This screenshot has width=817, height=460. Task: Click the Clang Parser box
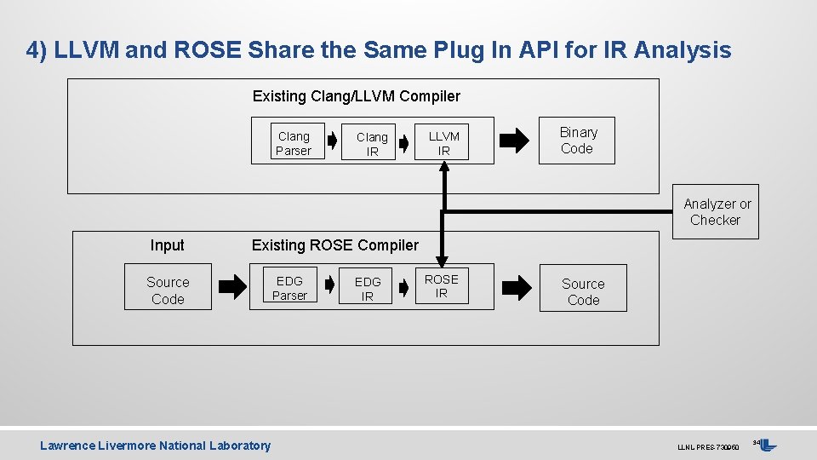(294, 143)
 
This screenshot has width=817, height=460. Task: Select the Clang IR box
(372, 144)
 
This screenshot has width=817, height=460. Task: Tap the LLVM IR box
(443, 143)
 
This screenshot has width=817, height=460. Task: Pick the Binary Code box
(577, 141)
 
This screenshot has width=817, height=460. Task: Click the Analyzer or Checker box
(717, 212)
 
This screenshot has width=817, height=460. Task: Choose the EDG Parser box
(289, 288)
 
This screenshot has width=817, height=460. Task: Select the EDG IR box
(368, 289)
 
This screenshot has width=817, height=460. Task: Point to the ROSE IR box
(441, 286)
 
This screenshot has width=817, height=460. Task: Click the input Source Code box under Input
(168, 290)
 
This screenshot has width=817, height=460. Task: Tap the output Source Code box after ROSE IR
(583, 291)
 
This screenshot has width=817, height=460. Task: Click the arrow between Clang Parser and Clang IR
(331, 142)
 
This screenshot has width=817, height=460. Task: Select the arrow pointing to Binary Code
(512, 141)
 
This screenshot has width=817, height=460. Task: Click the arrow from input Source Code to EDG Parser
(233, 288)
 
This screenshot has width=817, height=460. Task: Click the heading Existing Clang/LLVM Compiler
(356, 96)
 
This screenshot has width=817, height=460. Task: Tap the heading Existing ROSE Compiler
(335, 245)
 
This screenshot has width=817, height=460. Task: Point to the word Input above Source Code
(167, 245)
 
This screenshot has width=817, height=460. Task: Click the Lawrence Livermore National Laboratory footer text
(156, 446)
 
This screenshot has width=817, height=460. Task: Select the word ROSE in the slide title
(208, 50)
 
